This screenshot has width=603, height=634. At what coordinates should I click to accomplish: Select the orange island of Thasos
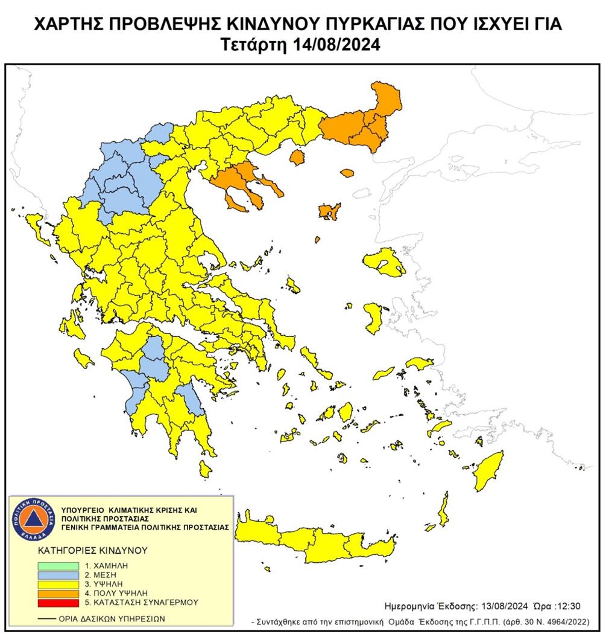point(296,158)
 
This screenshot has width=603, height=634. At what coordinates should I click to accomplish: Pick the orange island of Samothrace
point(347,173)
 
